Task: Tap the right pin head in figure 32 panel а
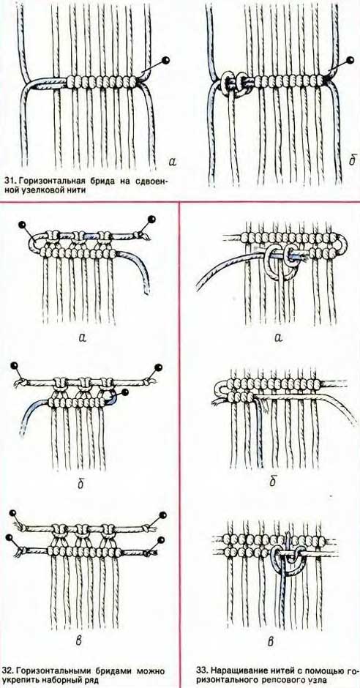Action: [153, 218]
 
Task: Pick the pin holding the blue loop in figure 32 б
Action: [124, 393]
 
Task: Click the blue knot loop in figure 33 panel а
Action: [279, 261]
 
